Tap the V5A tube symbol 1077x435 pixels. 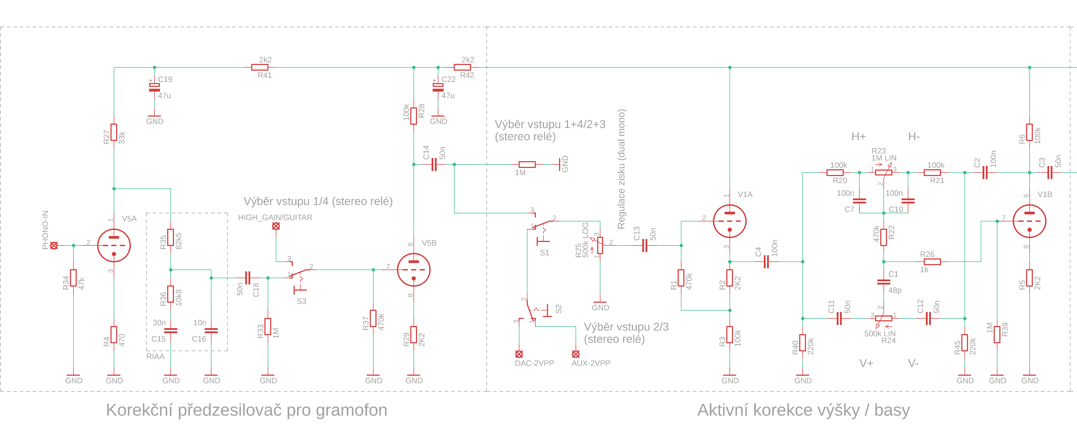click(x=114, y=245)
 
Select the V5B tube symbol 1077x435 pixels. click(x=414, y=270)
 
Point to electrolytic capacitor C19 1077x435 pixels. click(x=154, y=87)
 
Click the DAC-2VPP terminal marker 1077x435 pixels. click(x=519, y=354)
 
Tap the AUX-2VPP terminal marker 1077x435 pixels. click(x=576, y=354)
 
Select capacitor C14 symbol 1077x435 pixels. click(x=434, y=164)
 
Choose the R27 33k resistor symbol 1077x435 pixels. click(x=114, y=132)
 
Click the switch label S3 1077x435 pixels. click(x=301, y=301)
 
